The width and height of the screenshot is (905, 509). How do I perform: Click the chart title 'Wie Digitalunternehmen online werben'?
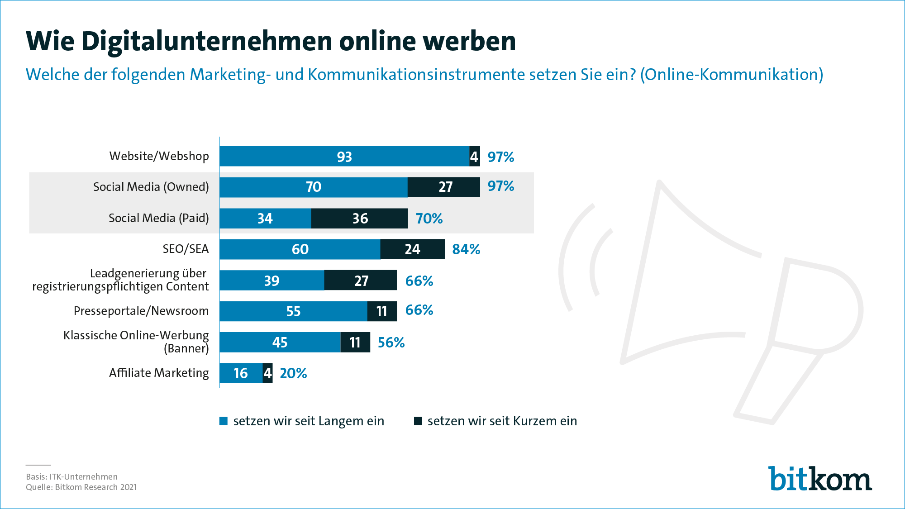point(271,41)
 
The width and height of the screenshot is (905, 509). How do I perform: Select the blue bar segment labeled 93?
point(344,157)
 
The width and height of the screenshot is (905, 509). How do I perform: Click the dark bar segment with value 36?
point(360,219)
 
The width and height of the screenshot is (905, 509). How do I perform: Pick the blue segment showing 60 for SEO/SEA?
point(300,249)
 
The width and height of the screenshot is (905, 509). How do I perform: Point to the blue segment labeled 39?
point(271,281)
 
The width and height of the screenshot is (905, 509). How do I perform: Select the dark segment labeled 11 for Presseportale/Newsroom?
point(382,311)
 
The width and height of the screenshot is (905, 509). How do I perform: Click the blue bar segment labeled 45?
point(280,343)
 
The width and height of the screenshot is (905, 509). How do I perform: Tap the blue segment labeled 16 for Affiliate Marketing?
point(241,373)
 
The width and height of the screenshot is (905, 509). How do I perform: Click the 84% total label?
point(466,249)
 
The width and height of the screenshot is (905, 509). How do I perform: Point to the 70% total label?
point(429,219)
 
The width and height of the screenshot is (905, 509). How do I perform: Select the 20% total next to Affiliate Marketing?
point(293,373)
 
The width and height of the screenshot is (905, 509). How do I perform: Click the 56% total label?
point(391,343)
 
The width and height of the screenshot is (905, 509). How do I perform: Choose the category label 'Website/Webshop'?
point(159,156)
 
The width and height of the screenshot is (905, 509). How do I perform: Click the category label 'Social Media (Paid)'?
point(158,218)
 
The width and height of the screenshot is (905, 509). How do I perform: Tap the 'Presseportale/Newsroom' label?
point(141,311)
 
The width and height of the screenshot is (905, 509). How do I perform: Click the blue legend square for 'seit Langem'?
point(223,421)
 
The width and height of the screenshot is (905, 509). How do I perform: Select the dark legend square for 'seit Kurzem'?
point(418,421)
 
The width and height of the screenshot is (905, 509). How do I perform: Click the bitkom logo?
point(819,479)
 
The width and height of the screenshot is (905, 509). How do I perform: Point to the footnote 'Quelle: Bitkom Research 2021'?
point(81,487)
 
